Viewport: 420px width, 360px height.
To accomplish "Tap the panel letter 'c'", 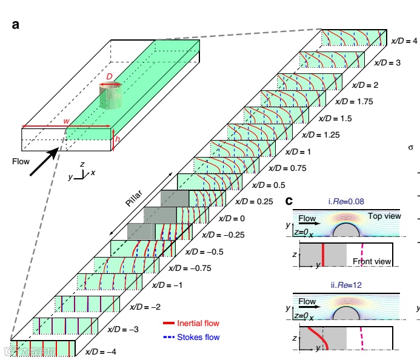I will (289, 201).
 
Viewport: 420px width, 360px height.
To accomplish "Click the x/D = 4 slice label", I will (405, 41).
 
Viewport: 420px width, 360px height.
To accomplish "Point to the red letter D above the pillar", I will (110, 78).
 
